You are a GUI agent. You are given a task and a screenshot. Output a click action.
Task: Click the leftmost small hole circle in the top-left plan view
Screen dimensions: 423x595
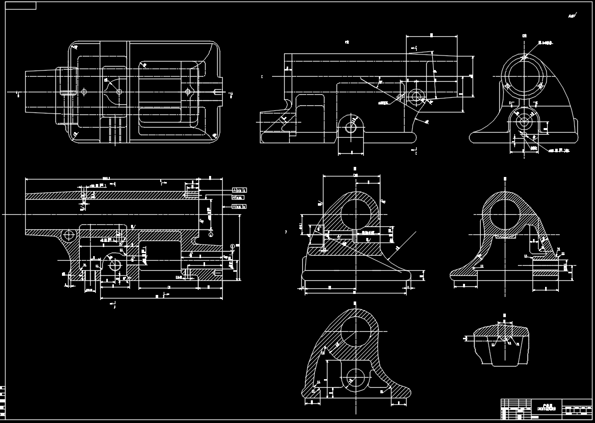(84, 92)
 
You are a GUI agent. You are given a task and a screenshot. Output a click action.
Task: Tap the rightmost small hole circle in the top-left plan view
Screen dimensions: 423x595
(188, 92)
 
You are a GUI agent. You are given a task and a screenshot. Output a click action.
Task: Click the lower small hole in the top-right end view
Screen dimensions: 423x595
(524, 121)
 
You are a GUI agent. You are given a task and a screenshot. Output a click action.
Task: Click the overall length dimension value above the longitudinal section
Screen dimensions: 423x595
(106, 177)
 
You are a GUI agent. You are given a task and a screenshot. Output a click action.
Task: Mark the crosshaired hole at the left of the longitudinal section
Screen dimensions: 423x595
(68, 235)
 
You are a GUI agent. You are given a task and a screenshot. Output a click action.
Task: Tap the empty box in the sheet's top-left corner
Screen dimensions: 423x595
(19, 6)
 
